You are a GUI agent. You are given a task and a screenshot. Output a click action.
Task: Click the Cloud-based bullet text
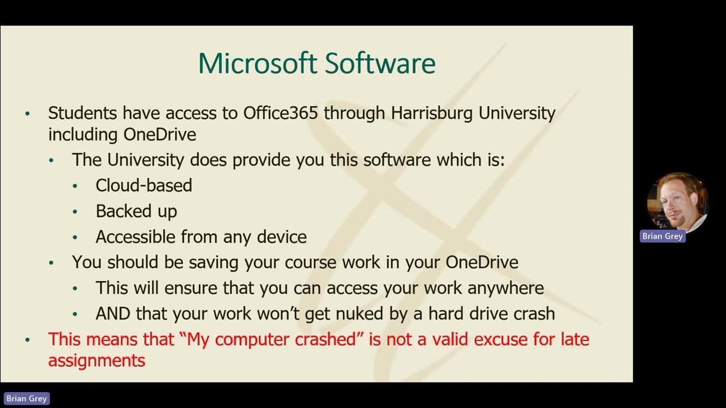[143, 185]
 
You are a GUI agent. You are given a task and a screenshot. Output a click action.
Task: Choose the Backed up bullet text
[136, 211]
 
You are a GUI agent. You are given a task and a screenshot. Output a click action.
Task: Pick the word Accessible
[136, 237]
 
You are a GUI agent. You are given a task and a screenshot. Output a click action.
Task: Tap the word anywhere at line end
[505, 288]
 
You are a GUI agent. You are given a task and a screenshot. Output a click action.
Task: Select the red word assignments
[96, 360]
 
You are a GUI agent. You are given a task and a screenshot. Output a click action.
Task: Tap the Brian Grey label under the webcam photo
[662, 236]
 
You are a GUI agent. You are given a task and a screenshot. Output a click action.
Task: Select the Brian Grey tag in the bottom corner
[26, 399]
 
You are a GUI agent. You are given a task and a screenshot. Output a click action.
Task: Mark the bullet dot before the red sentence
[27, 341]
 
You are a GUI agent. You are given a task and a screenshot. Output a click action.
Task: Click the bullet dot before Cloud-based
[75, 186]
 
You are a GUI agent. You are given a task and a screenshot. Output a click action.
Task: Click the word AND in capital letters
[113, 313]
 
